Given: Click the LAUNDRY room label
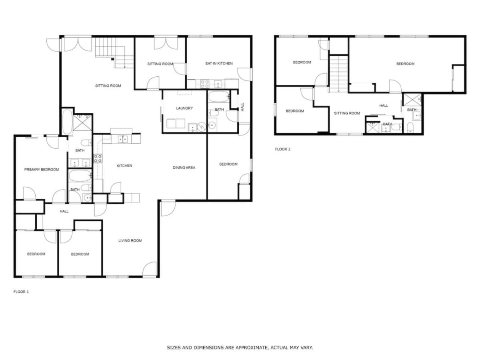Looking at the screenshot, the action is pos(184,108).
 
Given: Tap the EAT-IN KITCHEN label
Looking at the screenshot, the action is pos(219,64).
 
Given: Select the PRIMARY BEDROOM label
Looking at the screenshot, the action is pos(42,170).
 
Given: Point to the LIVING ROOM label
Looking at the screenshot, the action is pos(130,241).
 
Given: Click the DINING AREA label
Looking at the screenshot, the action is pos(184,168).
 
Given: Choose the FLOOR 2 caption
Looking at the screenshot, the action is pos(282,149).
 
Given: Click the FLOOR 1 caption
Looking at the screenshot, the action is pos(21,292).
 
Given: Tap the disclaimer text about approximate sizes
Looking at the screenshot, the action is pos(240,348).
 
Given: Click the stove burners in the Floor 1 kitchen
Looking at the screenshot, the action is pos(98,158).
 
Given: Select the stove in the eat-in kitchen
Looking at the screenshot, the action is pos(205,84).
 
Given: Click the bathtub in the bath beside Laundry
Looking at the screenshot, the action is pos(219,97).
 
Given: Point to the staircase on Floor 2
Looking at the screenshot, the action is pos(338,74).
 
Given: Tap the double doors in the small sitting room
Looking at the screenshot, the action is pos(166,44).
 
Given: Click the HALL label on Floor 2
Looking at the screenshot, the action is pos(384,106).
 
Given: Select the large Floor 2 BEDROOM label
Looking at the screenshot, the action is pos(405,64).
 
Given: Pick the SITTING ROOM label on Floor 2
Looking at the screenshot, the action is pos(347,113).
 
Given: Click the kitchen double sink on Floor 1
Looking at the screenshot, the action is pos(122,139).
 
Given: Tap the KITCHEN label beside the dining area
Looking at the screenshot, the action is pos(124,166).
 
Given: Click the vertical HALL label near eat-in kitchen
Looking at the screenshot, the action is pos(242,107).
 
